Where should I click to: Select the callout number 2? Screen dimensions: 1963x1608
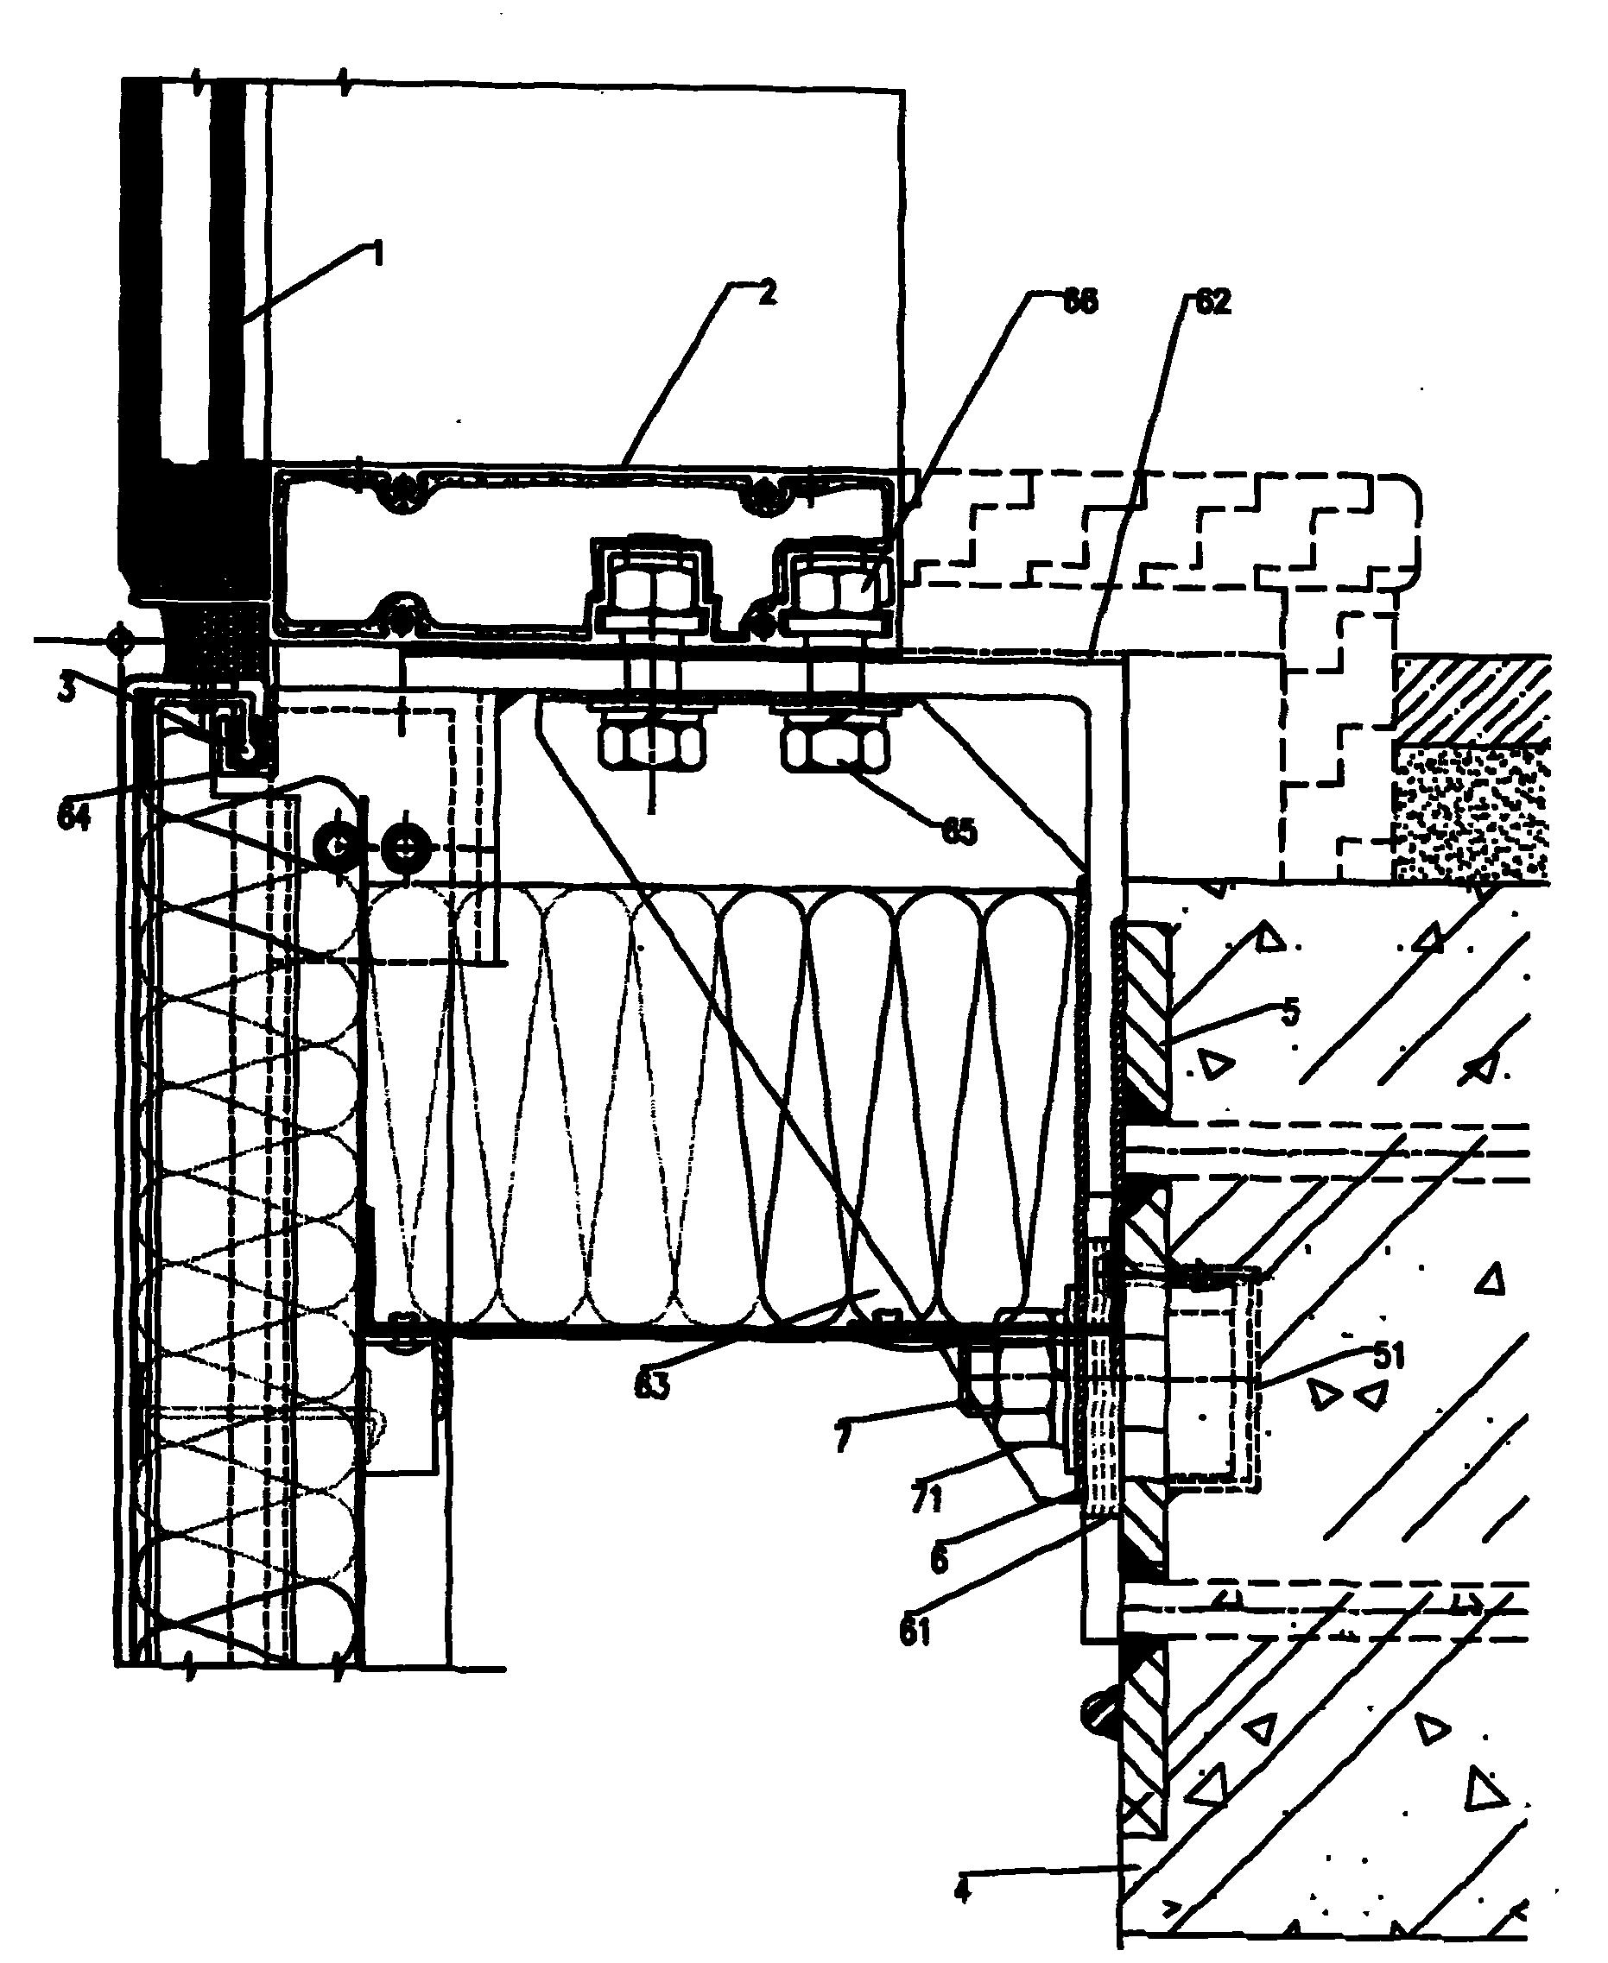pyautogui.click(x=765, y=294)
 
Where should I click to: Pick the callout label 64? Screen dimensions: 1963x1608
pyautogui.click(x=74, y=817)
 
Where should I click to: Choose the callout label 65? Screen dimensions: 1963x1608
pyautogui.click(x=959, y=832)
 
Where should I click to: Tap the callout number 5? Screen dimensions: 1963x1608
pyautogui.click(x=1290, y=1011)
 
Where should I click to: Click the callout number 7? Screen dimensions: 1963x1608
pyautogui.click(x=841, y=1440)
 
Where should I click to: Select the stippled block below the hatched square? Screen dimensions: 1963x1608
pyautogui.click(x=1472, y=812)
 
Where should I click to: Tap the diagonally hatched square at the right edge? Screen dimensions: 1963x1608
pyautogui.click(x=1472, y=699)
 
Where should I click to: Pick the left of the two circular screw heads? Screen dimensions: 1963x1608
pyautogui.click(x=335, y=844)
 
